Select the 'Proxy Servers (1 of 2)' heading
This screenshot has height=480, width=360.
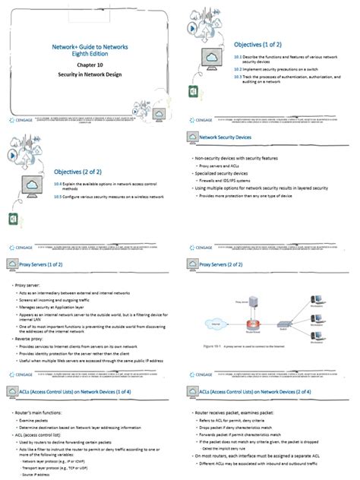(x=43, y=265)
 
